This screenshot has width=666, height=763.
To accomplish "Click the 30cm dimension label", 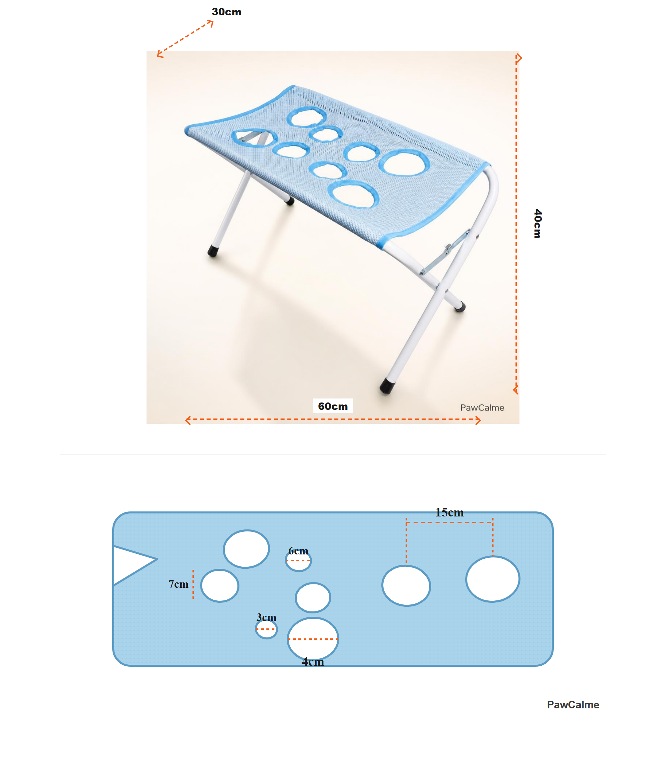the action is [226, 12].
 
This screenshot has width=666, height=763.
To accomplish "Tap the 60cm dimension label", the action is [333, 406].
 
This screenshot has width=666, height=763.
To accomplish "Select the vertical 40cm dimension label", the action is [537, 224].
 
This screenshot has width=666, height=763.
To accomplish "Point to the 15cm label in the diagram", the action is [449, 512].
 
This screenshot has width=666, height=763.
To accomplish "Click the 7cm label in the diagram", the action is [178, 584].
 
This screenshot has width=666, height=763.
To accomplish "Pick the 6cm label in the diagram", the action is [298, 551].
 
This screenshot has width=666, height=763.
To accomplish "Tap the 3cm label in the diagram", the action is [266, 617].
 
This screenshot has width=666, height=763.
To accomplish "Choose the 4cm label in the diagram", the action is [313, 661].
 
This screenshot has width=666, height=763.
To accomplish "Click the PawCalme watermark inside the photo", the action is [482, 407].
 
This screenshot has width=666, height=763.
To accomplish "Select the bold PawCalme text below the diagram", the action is [573, 705].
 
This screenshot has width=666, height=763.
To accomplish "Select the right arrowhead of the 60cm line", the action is [478, 420].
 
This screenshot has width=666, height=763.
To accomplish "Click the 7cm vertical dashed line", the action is [193, 584].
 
